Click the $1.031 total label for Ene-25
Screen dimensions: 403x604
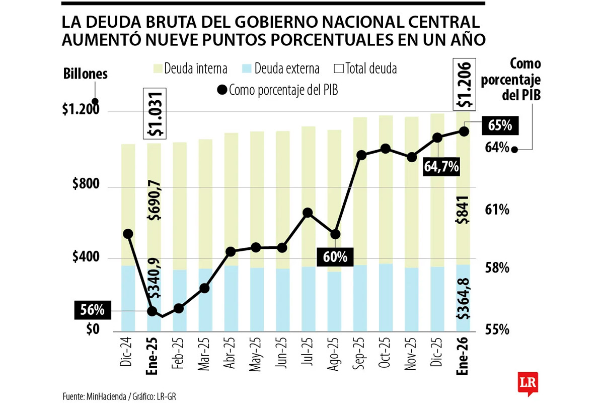(155, 113)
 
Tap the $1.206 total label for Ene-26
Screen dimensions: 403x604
(464, 85)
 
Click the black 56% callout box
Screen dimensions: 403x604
(92, 310)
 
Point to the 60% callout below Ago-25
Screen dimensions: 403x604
(335, 256)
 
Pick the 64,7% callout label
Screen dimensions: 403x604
(441, 167)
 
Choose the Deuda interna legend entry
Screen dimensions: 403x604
(189, 69)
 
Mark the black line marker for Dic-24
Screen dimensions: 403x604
(128, 234)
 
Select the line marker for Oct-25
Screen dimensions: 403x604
(386, 149)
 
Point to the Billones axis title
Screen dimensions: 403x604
(86, 74)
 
